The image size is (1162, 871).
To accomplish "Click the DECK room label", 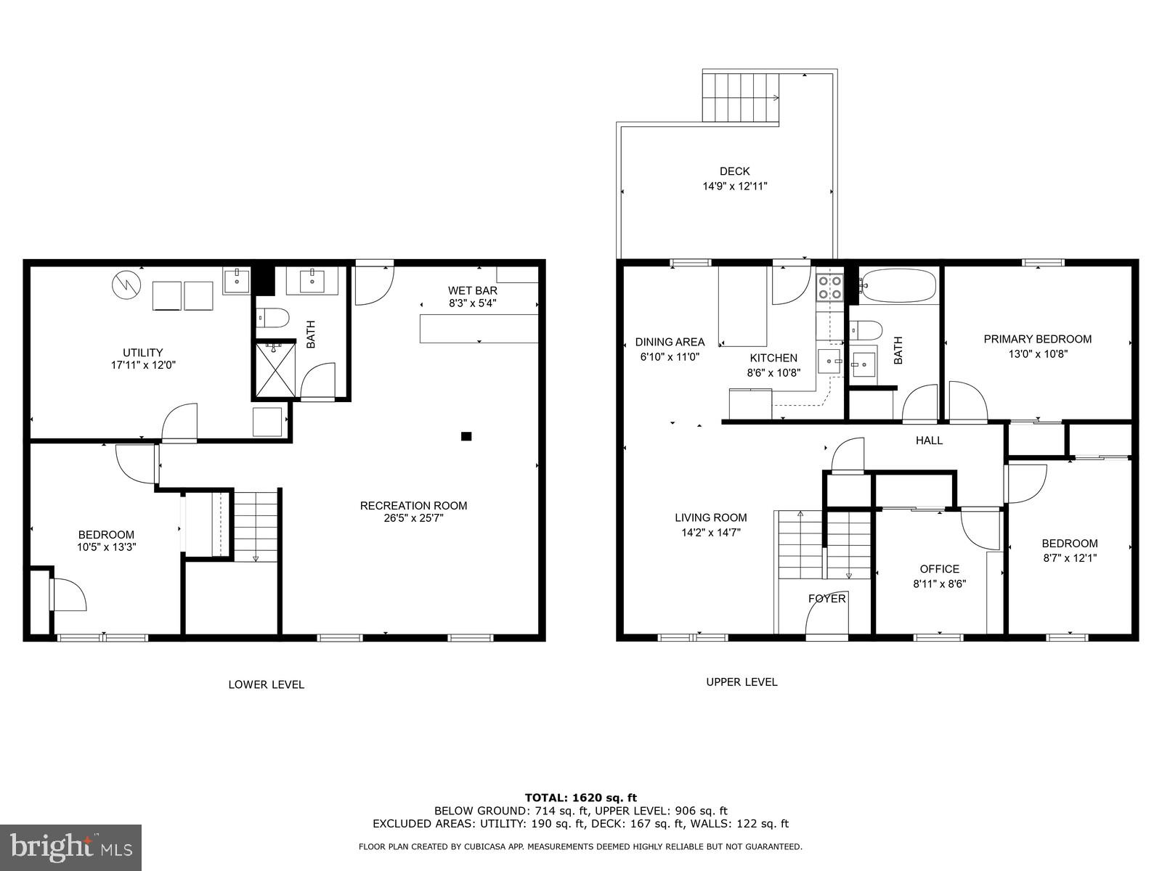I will pos(734,171).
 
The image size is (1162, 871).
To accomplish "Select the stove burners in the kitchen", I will pos(829,287).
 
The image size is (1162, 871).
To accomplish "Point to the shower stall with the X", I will pos(275,369).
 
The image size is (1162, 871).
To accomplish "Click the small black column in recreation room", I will pos(466,436).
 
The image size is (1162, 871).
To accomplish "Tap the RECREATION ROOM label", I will pos(413,505).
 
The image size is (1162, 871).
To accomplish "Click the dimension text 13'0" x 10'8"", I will pos(1037,354).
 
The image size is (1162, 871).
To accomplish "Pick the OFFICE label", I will pos(939,569).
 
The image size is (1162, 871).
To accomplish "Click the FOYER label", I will pos(826,599).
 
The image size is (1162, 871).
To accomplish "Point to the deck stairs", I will pos(740,97).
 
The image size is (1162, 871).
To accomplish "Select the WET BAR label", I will pos(472,290).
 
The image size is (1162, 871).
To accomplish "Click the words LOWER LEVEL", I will pos(266,684).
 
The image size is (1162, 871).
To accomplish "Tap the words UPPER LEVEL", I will pos(742,682).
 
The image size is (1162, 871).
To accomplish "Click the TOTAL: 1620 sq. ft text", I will pos(580,798).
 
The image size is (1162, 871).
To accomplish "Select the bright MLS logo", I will pos(70,847).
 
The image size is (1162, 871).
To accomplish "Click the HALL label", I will pos(929,440).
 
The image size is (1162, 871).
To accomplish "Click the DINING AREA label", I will pos(670,342).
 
